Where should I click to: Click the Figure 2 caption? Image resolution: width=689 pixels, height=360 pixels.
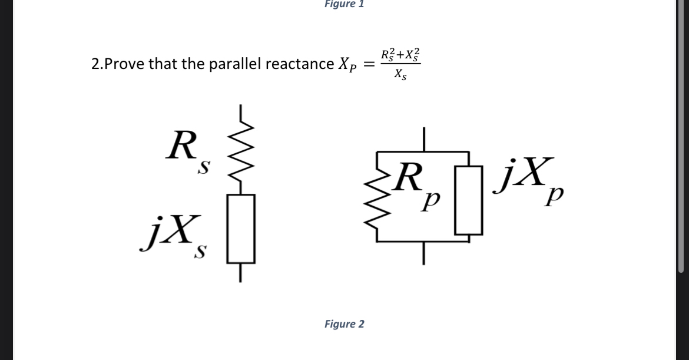pyautogui.click(x=344, y=324)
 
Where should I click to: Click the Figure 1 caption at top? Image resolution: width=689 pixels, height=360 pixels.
pyautogui.click(x=344, y=4)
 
